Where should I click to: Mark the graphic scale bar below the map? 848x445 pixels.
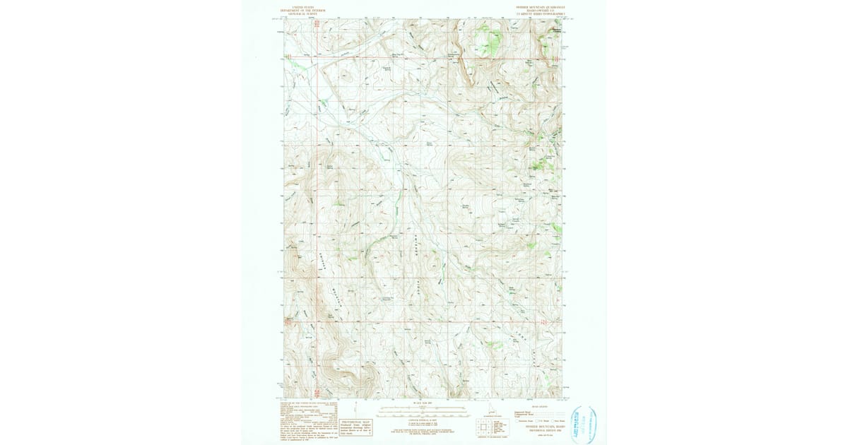click(x=413, y=409)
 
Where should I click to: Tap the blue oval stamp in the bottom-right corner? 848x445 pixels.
click(x=584, y=424)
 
